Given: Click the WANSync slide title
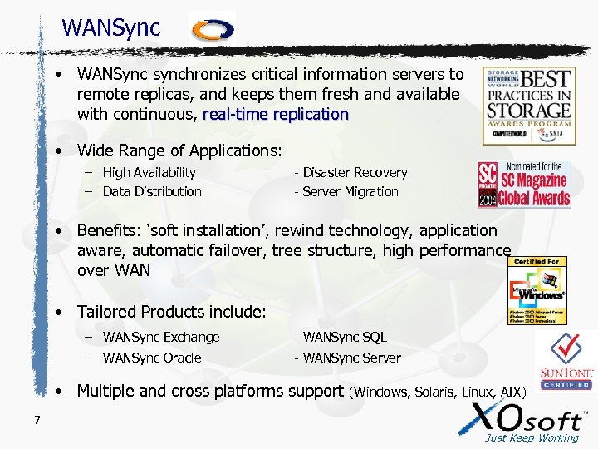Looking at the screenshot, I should point(110,27).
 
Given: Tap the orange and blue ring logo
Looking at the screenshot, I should point(213,30).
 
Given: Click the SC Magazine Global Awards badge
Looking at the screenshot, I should point(524,184).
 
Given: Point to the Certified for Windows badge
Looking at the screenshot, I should point(537,290).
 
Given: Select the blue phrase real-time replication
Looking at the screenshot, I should point(275,115).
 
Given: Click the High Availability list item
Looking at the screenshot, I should point(149,172).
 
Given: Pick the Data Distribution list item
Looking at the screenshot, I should point(152,191).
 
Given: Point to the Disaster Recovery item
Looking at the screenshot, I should point(350,172).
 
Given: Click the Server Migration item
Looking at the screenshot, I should point(346,191).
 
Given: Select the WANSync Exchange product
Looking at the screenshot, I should point(161,338).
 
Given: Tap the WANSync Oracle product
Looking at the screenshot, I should point(152,358).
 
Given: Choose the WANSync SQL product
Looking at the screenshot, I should point(341,338).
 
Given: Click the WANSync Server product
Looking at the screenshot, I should point(347,358).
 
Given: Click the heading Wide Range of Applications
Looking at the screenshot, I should point(179,150).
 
